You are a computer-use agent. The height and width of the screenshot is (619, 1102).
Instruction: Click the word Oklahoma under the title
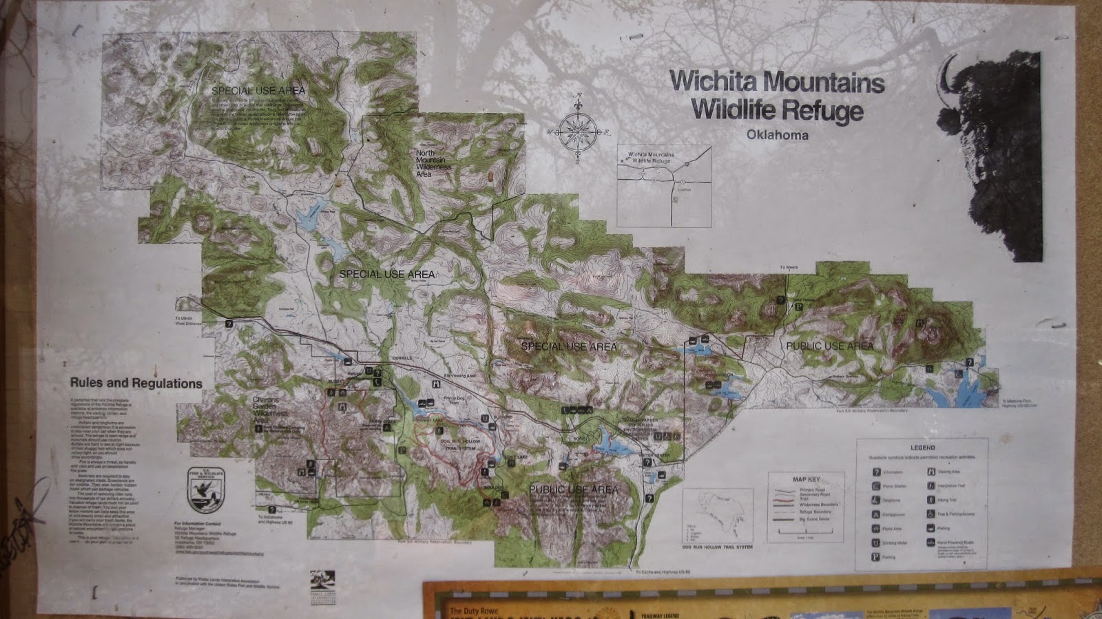777,135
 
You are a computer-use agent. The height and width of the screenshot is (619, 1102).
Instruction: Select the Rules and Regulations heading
136,384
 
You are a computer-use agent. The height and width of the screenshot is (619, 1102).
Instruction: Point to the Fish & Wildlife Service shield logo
205,490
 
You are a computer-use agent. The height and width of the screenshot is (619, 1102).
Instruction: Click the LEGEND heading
923,448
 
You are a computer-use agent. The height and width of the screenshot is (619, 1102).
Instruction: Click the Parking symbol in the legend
876,557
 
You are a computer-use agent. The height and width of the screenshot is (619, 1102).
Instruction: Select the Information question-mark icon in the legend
876,472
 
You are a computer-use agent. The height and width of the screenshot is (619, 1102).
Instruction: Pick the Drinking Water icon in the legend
876,543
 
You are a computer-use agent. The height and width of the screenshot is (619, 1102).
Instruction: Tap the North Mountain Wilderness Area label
433,163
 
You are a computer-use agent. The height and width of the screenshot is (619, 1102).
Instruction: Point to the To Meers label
789,267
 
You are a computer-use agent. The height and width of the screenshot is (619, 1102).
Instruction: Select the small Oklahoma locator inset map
663,185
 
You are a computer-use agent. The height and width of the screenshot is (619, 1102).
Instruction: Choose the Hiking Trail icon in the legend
931,500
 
